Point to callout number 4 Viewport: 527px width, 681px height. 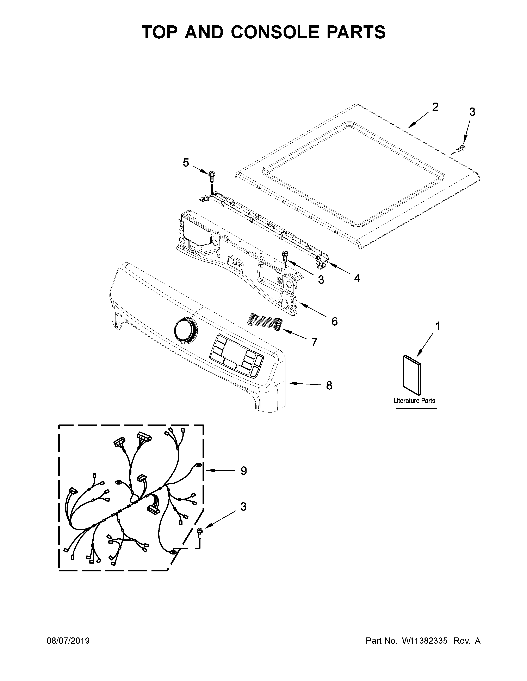[x=357, y=278]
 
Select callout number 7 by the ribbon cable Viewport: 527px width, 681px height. [x=314, y=342]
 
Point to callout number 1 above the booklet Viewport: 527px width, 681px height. [x=438, y=326]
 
